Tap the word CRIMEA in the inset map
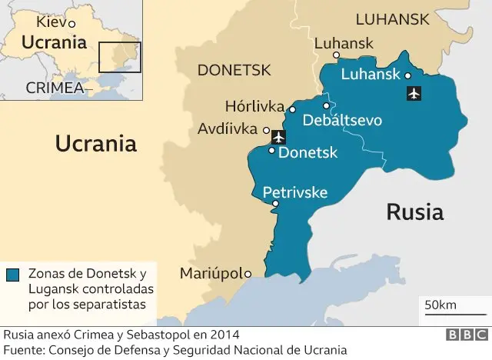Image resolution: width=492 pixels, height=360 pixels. (x=54, y=88)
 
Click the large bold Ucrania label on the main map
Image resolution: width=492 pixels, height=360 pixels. (x=95, y=143)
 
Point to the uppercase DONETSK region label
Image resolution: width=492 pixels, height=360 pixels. (x=234, y=71)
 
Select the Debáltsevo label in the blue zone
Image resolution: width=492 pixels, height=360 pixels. (x=342, y=120)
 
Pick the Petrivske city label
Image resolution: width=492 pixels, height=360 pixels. (x=295, y=192)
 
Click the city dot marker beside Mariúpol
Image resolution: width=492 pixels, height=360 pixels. (x=248, y=273)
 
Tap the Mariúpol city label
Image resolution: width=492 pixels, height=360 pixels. (x=210, y=273)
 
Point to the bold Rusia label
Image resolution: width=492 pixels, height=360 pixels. (x=414, y=212)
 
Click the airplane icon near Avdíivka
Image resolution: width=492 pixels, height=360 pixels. (x=278, y=137)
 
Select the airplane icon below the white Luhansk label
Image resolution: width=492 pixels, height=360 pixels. (x=414, y=94)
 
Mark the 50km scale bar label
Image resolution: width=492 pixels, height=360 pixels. (x=440, y=305)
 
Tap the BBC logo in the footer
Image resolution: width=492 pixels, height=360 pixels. (x=464, y=336)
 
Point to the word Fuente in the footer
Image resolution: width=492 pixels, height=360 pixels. (x=24, y=349)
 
